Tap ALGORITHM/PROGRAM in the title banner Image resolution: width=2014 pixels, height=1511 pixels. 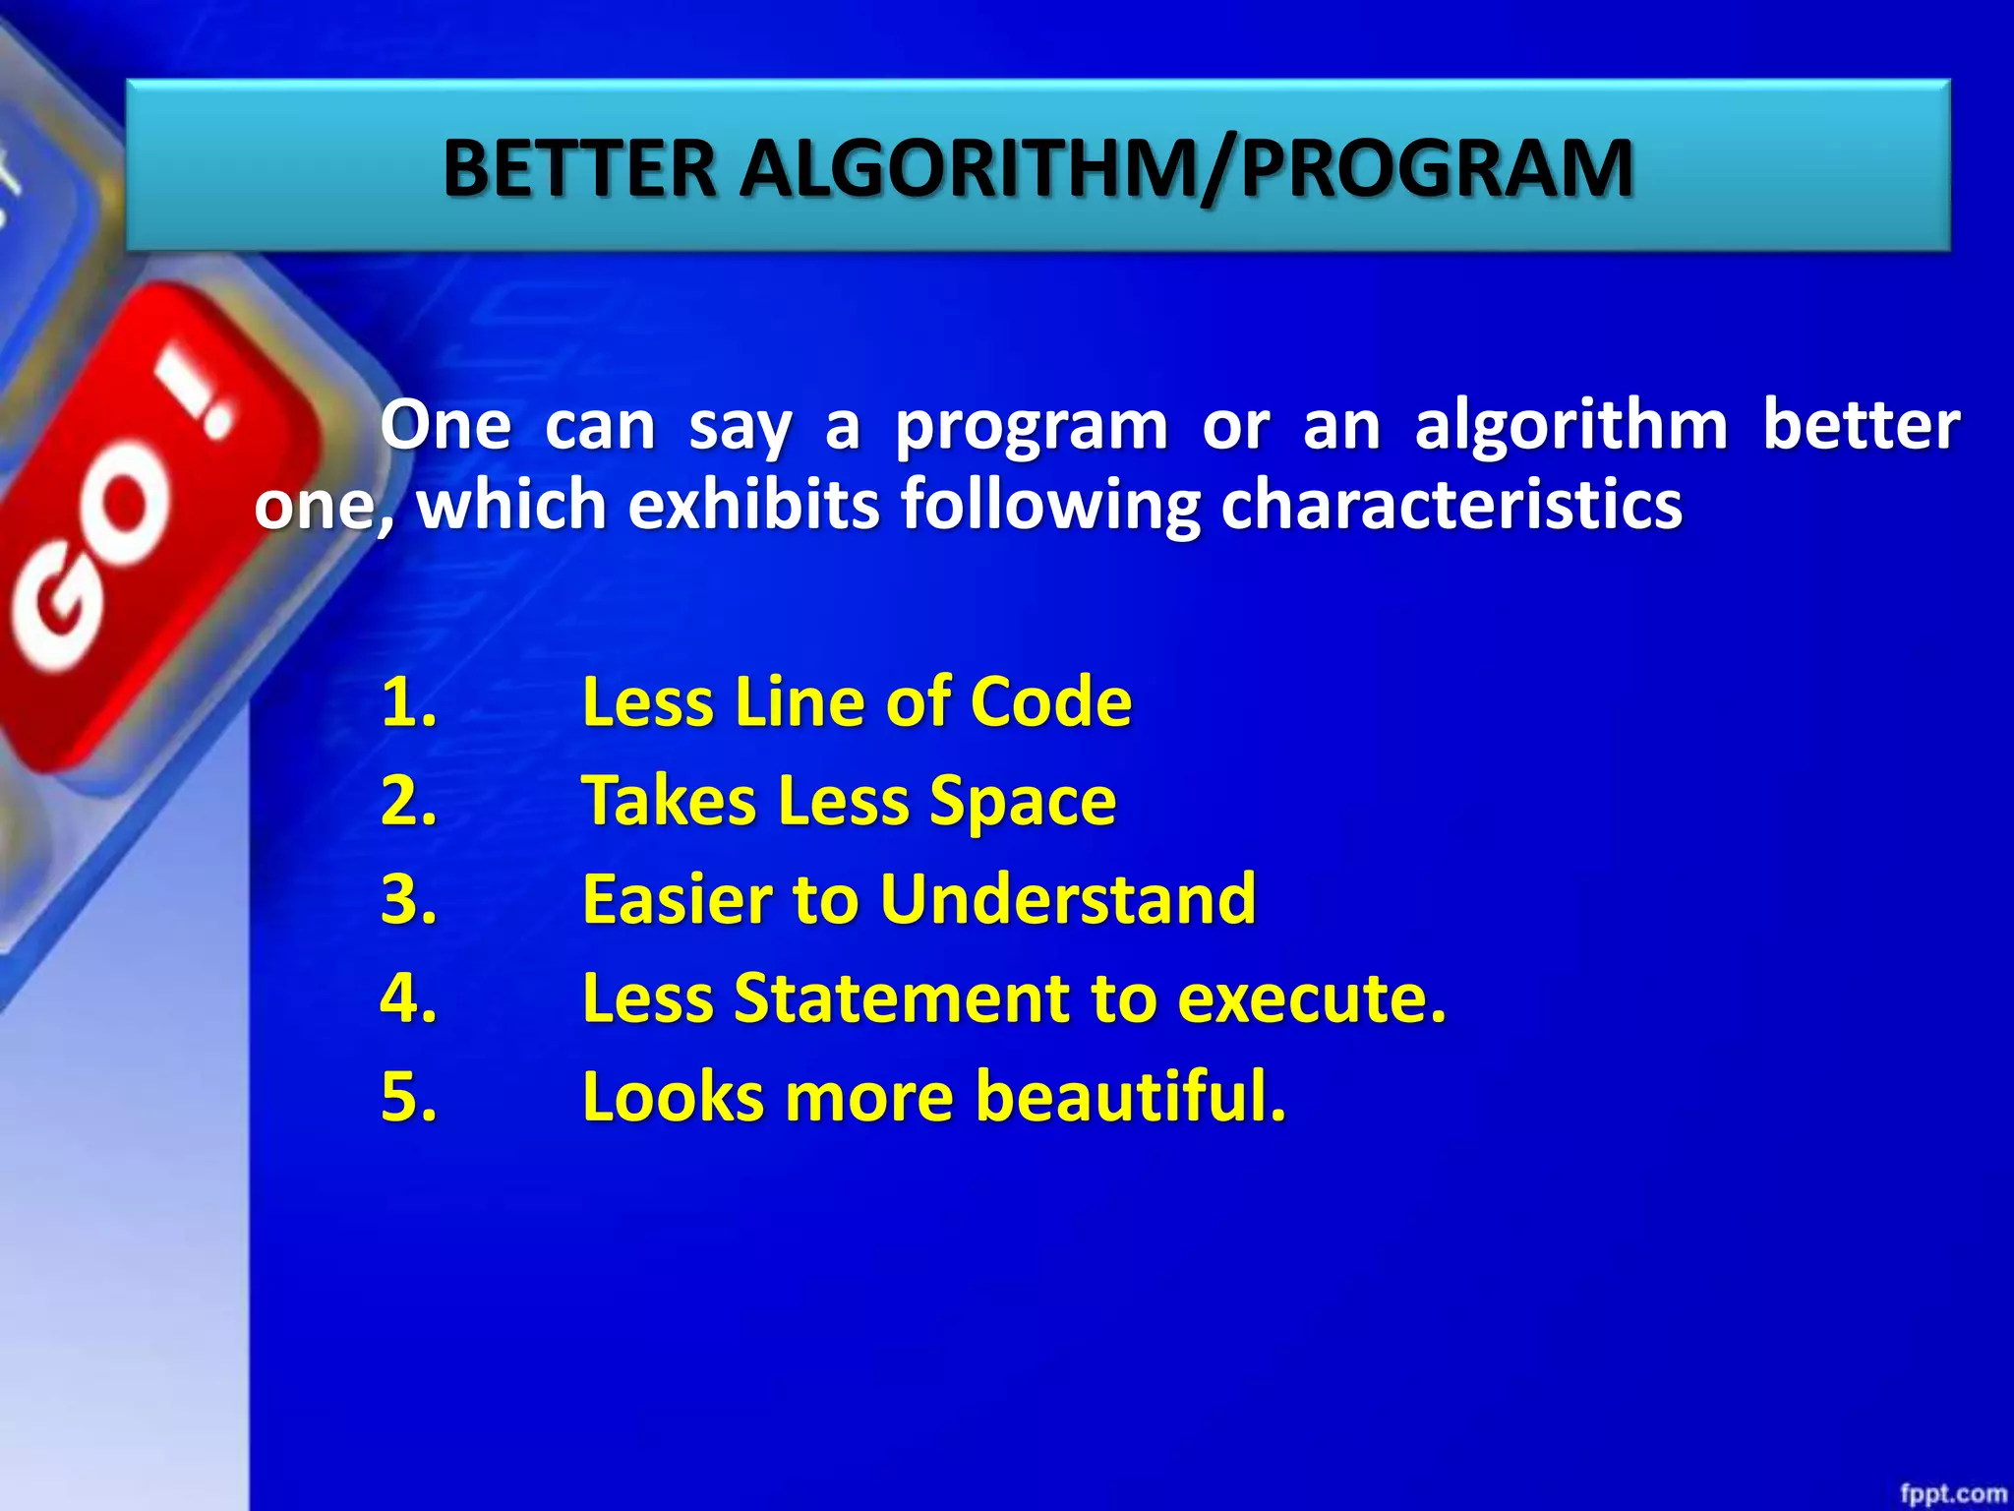[1186, 169]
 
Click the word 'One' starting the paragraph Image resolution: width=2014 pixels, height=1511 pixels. [445, 426]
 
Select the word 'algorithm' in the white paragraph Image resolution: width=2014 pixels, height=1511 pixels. [1570, 426]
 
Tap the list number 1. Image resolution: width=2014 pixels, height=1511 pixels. [408, 702]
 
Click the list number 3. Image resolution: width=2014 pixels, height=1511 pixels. [408, 899]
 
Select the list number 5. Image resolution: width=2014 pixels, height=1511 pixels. [408, 1096]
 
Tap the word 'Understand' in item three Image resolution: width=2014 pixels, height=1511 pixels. [1068, 899]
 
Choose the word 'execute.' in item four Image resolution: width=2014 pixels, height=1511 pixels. [1312, 998]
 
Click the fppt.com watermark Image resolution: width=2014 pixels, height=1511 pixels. [1952, 1493]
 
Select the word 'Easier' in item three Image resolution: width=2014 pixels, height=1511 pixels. [678, 899]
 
